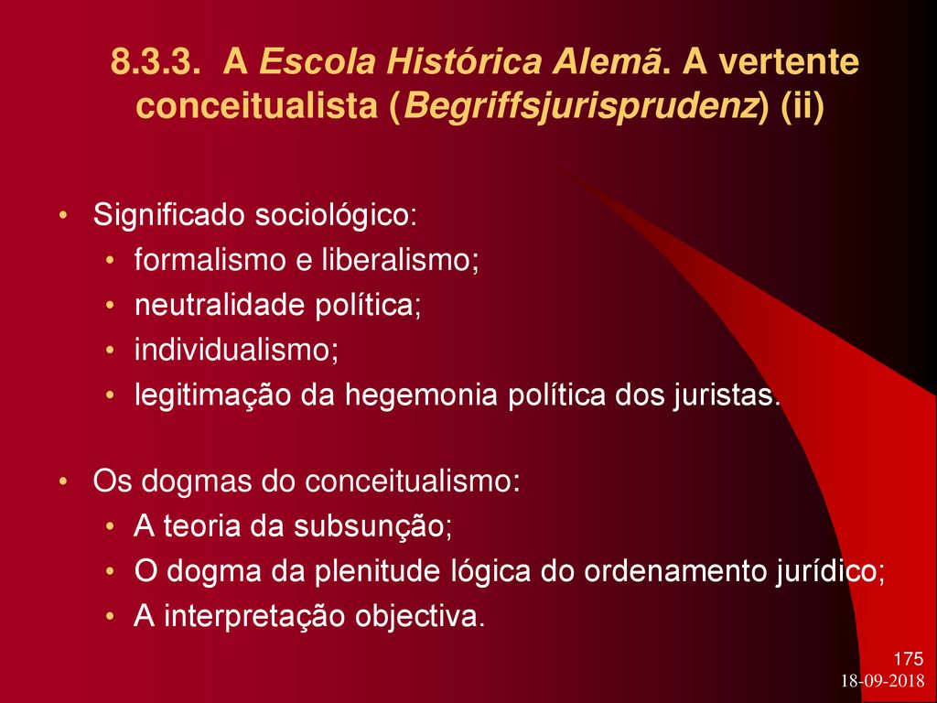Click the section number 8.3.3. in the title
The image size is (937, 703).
(x=156, y=62)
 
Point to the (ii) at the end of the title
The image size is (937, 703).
(x=802, y=107)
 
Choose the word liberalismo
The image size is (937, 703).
(x=401, y=260)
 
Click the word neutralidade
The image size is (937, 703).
(x=221, y=306)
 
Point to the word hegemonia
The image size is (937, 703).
(x=421, y=395)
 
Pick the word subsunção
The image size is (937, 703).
(x=372, y=526)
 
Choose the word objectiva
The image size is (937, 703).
(x=419, y=617)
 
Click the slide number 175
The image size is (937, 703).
(x=909, y=659)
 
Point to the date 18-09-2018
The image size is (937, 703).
(x=883, y=681)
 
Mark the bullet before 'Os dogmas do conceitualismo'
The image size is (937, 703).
(x=63, y=481)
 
